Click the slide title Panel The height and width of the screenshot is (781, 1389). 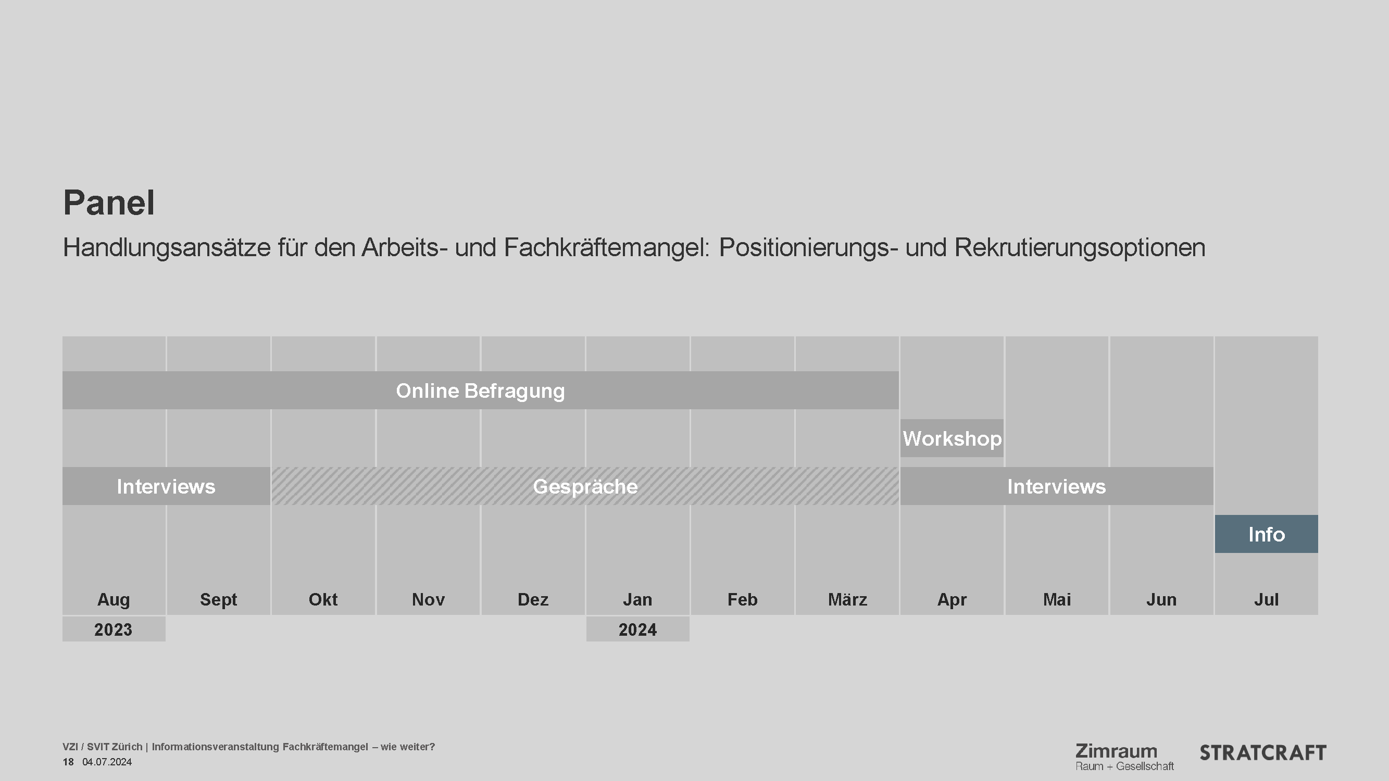point(109,203)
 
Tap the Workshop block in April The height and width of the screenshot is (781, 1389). point(952,439)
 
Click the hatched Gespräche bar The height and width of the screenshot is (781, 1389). point(585,487)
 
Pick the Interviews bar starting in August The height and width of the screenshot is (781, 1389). point(166,487)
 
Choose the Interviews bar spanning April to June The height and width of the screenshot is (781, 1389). point(1056,487)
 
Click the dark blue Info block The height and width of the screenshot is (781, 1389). point(1266,534)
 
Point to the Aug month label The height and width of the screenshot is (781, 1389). point(113,599)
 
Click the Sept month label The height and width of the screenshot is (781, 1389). point(218,599)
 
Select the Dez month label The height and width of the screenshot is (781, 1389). point(533,599)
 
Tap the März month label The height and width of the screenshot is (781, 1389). point(847,599)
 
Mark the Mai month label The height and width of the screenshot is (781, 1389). point(1056,599)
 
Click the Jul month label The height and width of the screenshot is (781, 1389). point(1266,599)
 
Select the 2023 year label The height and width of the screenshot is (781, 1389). point(113,629)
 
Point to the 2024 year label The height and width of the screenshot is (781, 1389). point(637,629)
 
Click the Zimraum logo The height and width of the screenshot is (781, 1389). point(1124,756)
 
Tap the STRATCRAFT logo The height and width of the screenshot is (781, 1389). point(1262,753)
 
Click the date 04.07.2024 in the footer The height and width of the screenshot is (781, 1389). point(107,762)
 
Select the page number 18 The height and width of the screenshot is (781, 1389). point(68,762)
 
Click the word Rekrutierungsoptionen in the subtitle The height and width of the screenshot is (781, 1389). point(1080,248)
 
